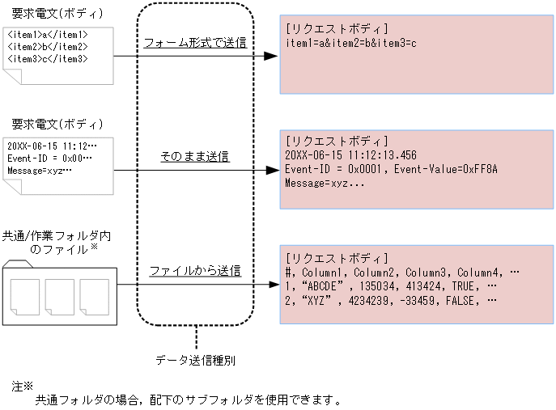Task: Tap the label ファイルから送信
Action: click(x=194, y=271)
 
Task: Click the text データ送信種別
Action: click(x=195, y=360)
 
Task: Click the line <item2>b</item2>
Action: click(x=48, y=47)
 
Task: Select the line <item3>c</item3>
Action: click(x=48, y=58)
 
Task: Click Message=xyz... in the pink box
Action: click(x=325, y=184)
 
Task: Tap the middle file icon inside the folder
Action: click(x=59, y=296)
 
